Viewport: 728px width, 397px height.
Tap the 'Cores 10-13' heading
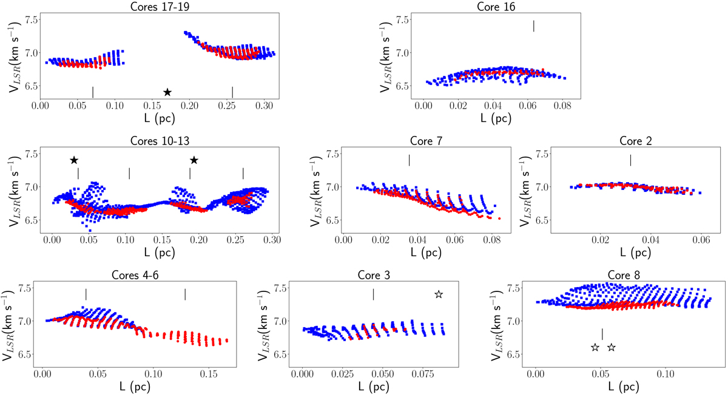(161, 141)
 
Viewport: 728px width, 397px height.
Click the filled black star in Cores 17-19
(167, 92)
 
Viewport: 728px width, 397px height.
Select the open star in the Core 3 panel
(439, 294)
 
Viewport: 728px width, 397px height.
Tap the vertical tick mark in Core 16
(534, 26)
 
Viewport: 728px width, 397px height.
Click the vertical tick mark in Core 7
(409, 160)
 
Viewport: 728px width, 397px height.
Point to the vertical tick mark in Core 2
(631, 160)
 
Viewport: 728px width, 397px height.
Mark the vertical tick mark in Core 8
(602, 334)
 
